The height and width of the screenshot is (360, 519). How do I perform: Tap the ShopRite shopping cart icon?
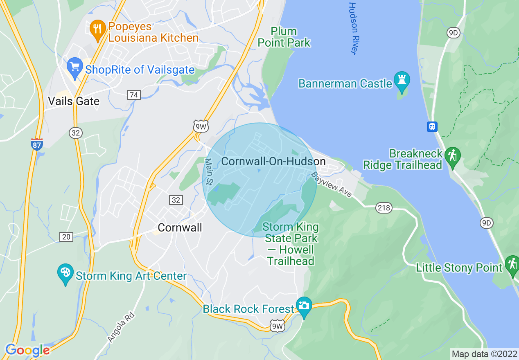click(74, 67)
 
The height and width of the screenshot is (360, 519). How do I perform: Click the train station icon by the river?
click(432, 126)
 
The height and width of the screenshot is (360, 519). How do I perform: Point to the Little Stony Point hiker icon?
click(512, 265)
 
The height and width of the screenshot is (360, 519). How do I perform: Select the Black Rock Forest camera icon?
click(304, 306)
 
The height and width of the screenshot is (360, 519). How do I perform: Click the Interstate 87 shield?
click(37, 144)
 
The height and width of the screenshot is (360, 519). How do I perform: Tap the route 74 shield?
click(134, 95)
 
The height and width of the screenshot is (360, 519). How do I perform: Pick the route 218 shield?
click(384, 208)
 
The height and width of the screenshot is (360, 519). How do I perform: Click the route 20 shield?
click(66, 236)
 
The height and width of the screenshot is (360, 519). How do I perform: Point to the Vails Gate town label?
click(74, 101)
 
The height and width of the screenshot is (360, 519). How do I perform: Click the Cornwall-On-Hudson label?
click(273, 162)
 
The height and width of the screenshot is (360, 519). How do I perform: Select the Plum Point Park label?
click(284, 37)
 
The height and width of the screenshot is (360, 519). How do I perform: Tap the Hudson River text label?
click(353, 28)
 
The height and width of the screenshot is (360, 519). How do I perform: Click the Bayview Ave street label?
click(332, 185)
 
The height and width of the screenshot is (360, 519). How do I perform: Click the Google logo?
click(27, 350)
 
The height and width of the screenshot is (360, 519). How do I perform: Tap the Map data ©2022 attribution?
click(484, 354)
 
